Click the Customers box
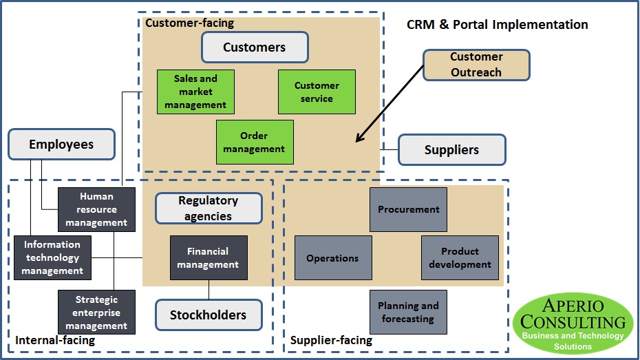255,47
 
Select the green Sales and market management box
195,92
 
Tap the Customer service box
317,92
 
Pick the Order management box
255,142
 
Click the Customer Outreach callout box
476,65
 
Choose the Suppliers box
452,149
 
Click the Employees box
61,145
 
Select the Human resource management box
96,209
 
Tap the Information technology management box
52,257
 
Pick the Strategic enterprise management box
96,313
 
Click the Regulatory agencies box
209,209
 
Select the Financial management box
209,257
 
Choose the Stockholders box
209,315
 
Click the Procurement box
408,209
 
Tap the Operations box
333,258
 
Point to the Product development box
460,257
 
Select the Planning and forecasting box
408,312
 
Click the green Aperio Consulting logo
573,324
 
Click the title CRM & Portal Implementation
497,25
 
